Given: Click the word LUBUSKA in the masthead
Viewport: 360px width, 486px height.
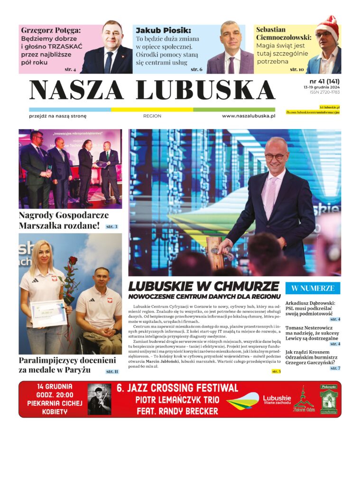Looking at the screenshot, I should pyautogui.click(x=205, y=90).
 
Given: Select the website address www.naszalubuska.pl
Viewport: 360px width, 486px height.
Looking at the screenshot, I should pyautogui.click(x=249, y=116).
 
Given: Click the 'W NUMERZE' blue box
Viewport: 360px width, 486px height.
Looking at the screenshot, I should pyautogui.click(x=313, y=288).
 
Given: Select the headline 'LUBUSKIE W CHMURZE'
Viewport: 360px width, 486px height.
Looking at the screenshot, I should pyautogui.click(x=203, y=287).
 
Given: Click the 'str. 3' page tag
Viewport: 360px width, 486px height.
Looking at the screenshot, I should pyautogui.click(x=112, y=227).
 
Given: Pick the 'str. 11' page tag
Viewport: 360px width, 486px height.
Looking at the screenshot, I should pyautogui.click(x=112, y=372).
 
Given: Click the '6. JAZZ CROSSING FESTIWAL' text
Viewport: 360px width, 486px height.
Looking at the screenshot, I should pyautogui.click(x=177, y=388).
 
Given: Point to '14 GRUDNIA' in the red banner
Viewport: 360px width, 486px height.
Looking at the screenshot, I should pyautogui.click(x=55, y=386).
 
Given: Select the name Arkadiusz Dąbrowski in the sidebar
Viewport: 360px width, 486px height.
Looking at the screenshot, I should pyautogui.click(x=310, y=303).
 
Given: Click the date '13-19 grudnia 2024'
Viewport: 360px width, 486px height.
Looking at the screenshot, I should pyautogui.click(x=322, y=87).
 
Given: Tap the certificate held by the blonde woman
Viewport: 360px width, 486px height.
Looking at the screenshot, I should pyautogui.click(x=48, y=313).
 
